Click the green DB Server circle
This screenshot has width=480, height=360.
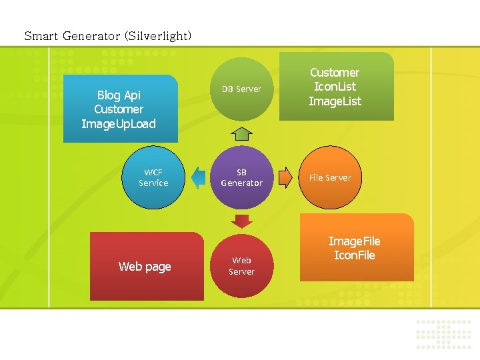(241, 89)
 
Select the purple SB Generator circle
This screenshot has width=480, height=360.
(241, 177)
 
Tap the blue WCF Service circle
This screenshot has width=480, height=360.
(153, 177)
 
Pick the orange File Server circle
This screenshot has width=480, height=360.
(329, 177)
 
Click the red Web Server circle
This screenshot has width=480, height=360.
(241, 265)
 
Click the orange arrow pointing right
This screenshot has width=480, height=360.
(285, 177)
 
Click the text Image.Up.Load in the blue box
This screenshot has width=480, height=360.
(119, 123)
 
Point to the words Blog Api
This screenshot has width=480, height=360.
(119, 95)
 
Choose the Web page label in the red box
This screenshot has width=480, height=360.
(145, 267)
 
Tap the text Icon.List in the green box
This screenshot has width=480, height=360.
(335, 87)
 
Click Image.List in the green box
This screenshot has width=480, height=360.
(335, 101)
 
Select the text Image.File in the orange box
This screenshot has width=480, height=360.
(355, 241)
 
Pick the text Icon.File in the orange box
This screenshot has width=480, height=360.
(355, 255)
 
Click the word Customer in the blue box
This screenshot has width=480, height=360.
(119, 109)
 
